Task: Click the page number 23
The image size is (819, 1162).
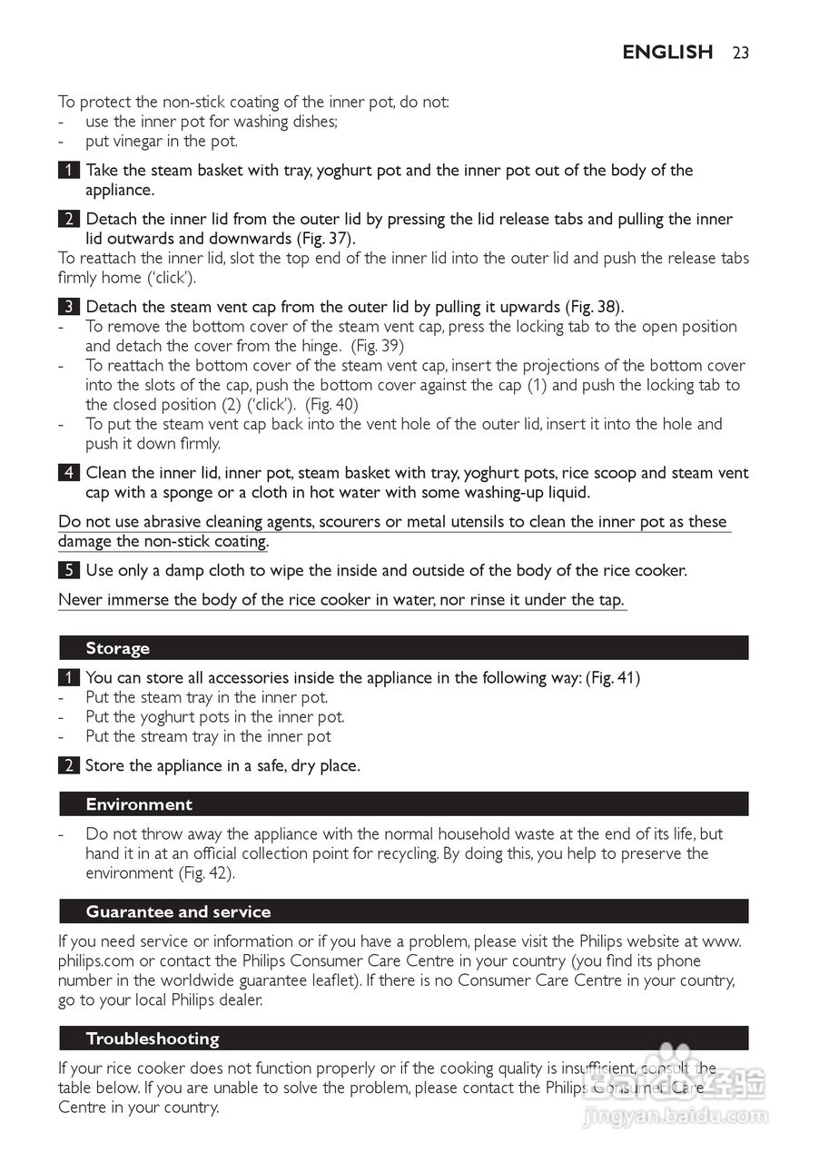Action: pos(740,53)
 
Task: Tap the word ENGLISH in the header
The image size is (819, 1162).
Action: pos(667,53)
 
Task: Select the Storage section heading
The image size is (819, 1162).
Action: pos(117,648)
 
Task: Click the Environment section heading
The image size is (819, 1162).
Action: pos(139,804)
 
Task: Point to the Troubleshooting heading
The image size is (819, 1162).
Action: pos(153,1039)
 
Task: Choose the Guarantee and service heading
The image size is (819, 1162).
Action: pos(178,911)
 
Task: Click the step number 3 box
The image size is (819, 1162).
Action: pos(67,307)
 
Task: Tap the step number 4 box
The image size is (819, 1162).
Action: pos(67,473)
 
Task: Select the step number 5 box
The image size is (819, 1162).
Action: pos(67,571)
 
